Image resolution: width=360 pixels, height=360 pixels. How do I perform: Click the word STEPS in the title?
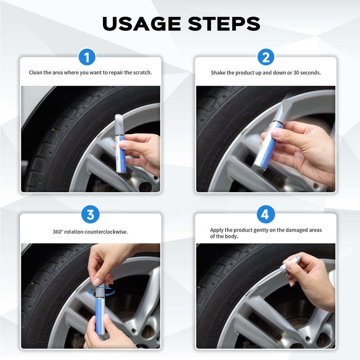click(224, 24)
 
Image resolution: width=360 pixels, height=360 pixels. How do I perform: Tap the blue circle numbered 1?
click(87, 57)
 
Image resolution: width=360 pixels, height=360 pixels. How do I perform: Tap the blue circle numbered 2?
click(266, 57)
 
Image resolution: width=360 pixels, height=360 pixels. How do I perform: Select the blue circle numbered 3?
click(90, 215)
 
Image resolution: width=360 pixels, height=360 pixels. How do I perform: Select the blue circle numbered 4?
click(266, 215)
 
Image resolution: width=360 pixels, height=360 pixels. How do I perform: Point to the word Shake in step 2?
click(218, 73)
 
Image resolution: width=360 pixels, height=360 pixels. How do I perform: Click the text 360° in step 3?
click(58, 231)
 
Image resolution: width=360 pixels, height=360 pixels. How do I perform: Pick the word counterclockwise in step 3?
click(106, 231)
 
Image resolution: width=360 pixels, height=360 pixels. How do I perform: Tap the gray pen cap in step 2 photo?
click(284, 110)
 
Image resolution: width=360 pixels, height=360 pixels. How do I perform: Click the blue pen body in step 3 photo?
click(100, 315)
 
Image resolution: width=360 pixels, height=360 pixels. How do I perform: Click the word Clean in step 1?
click(35, 72)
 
